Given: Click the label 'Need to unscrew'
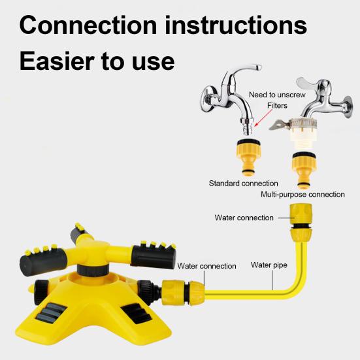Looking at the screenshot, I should tap(276, 95).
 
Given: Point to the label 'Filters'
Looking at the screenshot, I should tap(276, 106).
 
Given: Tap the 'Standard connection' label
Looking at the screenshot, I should tap(243, 183).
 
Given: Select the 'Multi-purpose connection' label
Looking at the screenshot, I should tap(303, 194).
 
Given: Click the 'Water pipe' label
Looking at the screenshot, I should tap(270, 265).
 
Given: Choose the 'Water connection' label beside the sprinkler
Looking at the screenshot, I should tap(206, 266).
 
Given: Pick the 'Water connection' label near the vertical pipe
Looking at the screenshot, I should tap(244, 218).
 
